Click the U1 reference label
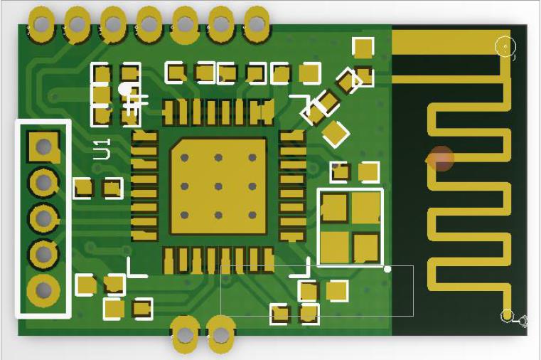[x=102, y=149]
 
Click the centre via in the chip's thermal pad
[x=218, y=186]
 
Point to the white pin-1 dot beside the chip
[x=126, y=89]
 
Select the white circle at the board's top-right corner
[x=505, y=47]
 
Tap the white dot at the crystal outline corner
[x=387, y=269]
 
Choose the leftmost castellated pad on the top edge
[x=41, y=24]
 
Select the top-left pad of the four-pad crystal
[x=334, y=208]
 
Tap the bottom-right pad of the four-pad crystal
[x=366, y=248]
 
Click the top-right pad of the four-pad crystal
[x=366, y=208]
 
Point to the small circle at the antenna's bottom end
[x=507, y=315]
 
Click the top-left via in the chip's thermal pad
[x=185, y=158]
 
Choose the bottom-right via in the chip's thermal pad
[x=252, y=215]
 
